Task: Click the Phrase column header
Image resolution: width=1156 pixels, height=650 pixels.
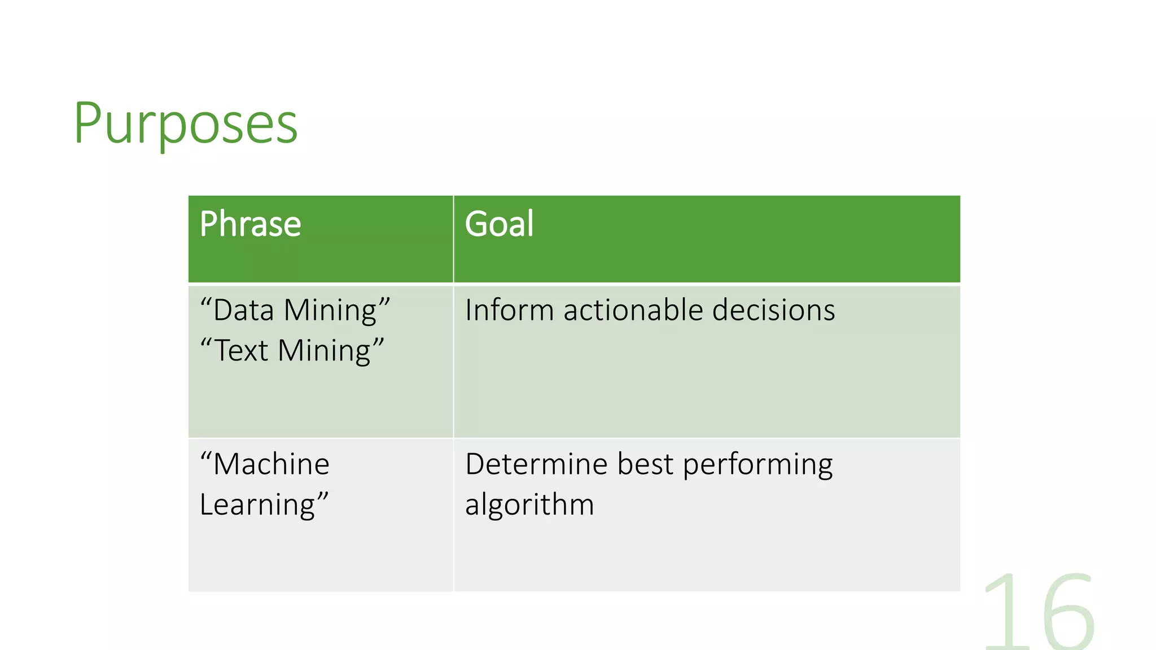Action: [250, 224]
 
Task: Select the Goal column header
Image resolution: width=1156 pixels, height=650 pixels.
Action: [499, 224]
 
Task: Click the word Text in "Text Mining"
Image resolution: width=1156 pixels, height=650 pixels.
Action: [242, 351]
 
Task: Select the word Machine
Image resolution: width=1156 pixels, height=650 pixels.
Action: [271, 465]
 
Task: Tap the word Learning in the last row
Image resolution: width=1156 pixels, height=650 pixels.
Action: [257, 505]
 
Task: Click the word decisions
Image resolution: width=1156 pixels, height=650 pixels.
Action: [773, 311]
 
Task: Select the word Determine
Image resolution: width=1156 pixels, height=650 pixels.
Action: [536, 465]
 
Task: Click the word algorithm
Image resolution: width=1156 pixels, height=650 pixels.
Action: [529, 505]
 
